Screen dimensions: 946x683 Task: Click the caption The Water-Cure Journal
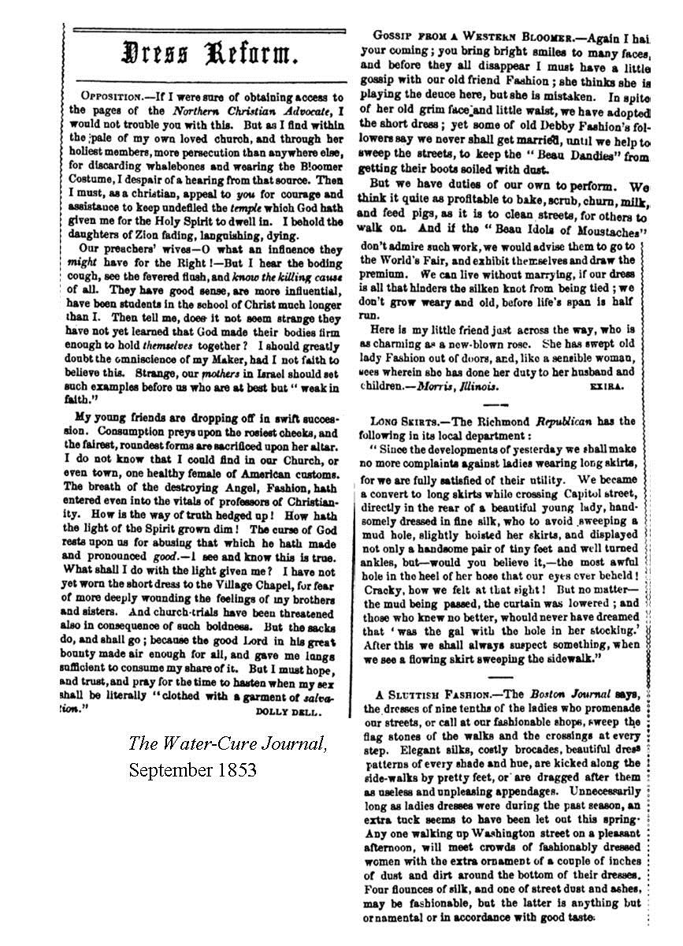coord(228,743)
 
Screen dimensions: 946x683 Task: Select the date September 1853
coord(193,770)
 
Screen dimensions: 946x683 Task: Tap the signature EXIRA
coord(606,387)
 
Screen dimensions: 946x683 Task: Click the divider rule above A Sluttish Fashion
coord(502,676)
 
